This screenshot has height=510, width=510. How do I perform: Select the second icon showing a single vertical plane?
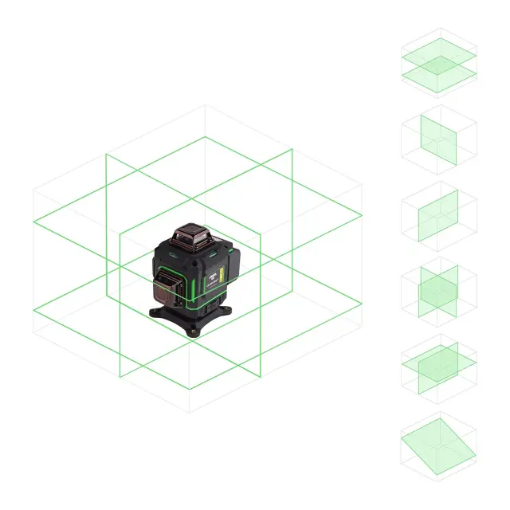[x=439, y=139]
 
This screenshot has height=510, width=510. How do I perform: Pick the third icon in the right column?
[x=439, y=215]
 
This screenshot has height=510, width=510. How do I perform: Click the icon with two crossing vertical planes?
[x=439, y=291]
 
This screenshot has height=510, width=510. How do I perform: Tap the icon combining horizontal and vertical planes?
[x=439, y=367]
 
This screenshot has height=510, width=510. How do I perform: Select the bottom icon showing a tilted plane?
[x=439, y=444]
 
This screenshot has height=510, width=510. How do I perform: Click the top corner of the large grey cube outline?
[x=206, y=105]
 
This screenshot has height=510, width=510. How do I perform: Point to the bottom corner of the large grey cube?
[x=190, y=413]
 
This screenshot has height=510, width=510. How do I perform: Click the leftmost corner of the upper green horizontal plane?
[x=33, y=224]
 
